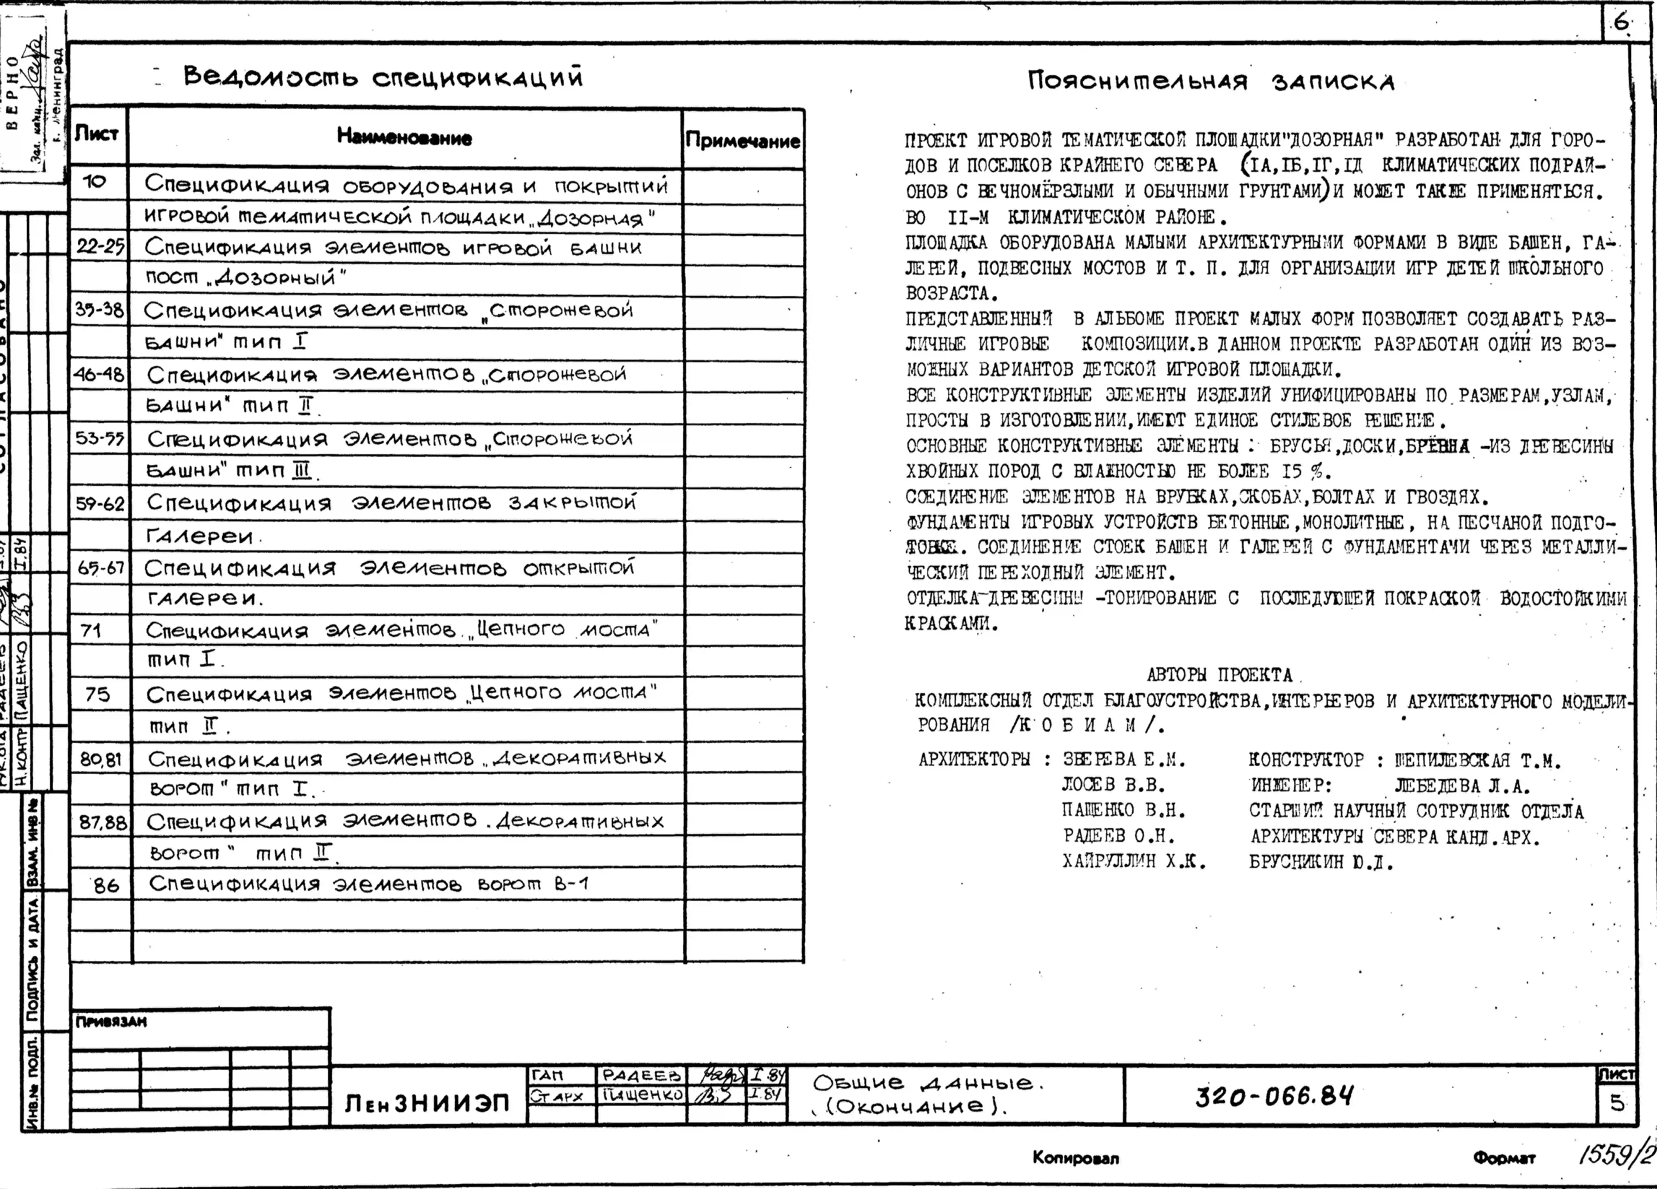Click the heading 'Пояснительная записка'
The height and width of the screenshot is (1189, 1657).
click(1211, 80)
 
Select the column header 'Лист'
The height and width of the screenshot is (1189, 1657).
click(97, 134)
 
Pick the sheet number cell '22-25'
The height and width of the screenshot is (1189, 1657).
click(100, 247)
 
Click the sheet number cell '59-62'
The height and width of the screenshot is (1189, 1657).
click(100, 504)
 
